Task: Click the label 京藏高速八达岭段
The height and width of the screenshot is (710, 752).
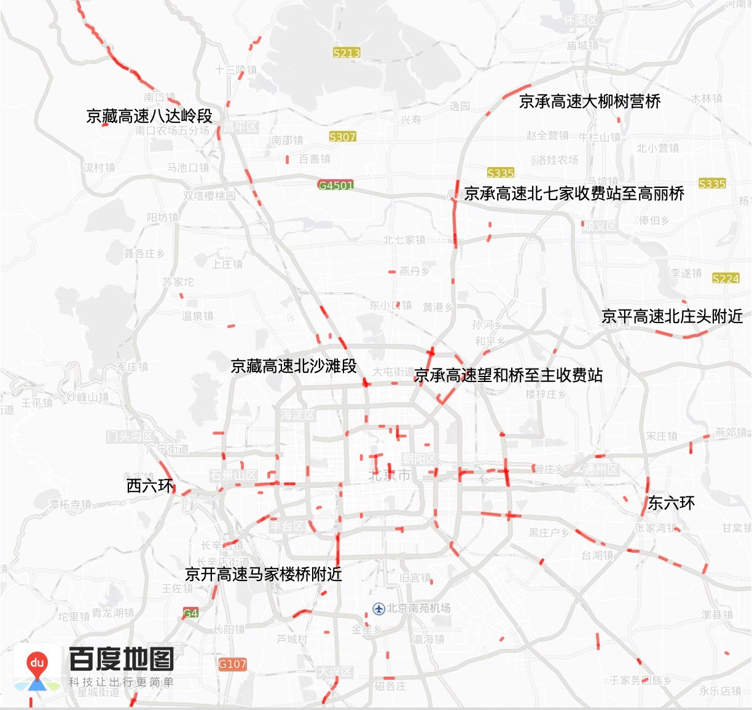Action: click(149, 115)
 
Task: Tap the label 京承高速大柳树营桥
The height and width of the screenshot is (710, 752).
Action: click(590, 101)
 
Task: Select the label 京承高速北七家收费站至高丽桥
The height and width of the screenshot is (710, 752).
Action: click(574, 193)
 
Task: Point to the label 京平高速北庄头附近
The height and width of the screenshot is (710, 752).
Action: click(672, 316)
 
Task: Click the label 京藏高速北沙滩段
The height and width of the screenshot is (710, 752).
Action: click(294, 366)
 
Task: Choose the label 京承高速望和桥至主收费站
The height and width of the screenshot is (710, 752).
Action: click(509, 375)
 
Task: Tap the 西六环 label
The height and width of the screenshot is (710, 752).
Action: click(150, 486)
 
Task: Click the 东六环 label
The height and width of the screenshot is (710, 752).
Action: click(672, 503)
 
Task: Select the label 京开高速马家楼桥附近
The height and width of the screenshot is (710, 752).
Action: click(264, 574)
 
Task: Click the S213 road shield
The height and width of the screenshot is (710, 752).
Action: click(347, 53)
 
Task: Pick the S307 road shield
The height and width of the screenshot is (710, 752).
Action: click(343, 136)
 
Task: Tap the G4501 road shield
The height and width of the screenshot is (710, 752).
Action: click(336, 185)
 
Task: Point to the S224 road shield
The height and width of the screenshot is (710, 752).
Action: click(726, 278)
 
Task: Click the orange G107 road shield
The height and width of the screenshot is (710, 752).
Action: click(233, 664)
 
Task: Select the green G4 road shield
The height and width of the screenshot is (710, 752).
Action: click(191, 613)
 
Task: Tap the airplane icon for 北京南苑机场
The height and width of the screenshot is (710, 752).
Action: click(379, 609)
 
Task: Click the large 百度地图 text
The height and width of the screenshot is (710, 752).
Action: click(121, 659)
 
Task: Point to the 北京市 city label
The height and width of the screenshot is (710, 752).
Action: click(389, 475)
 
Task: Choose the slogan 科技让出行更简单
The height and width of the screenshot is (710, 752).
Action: click(121, 682)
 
